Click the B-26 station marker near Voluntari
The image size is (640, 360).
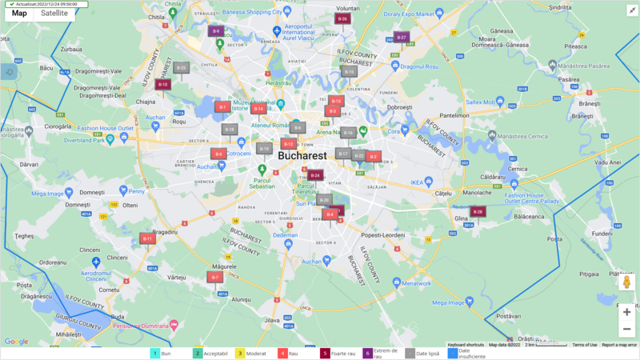click(x=342, y=18)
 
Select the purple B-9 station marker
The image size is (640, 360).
click(x=215, y=31)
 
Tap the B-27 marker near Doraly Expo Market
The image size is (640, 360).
click(x=402, y=37)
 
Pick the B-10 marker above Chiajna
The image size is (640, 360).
click(x=163, y=83)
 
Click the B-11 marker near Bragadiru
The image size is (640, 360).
click(x=147, y=238)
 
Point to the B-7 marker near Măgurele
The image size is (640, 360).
click(x=214, y=277)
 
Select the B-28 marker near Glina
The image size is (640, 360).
click(x=478, y=211)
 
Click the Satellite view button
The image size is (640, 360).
click(x=54, y=13)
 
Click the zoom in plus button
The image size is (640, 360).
click(x=626, y=312)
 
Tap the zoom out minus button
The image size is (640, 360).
click(x=626, y=329)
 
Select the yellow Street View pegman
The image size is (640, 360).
click(x=626, y=282)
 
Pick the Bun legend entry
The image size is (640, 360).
click(x=163, y=353)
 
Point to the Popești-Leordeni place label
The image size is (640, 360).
click(x=383, y=235)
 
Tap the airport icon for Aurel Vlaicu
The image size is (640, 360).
click(x=277, y=31)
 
